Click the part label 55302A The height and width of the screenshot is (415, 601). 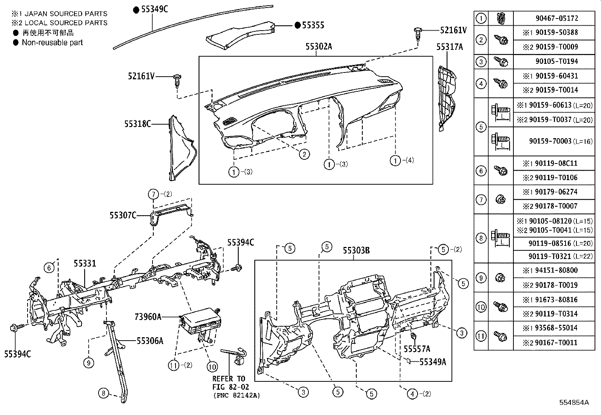pyautogui.click(x=319, y=47)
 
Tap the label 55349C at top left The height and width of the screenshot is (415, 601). pyautogui.click(x=154, y=9)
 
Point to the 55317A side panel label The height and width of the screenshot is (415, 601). pyautogui.click(x=449, y=47)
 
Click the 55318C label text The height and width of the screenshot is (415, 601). pyautogui.click(x=137, y=123)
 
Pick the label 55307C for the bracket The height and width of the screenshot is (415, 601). pyautogui.click(x=123, y=215)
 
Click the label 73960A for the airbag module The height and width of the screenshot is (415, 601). pyautogui.click(x=148, y=316)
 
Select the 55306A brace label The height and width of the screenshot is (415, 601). pyautogui.click(x=150, y=341)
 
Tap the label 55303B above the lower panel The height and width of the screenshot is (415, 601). pyautogui.click(x=356, y=250)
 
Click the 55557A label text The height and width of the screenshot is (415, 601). pyautogui.click(x=417, y=349)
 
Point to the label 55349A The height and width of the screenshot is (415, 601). pyautogui.click(x=433, y=362)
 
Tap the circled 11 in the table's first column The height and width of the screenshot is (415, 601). pyautogui.click(x=481, y=335)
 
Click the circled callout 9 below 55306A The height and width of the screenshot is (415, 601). pyautogui.click(x=88, y=363)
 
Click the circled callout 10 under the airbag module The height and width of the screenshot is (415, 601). pyautogui.click(x=212, y=366)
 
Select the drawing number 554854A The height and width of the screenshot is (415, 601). pyautogui.click(x=574, y=402)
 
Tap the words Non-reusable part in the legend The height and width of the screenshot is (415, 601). pyautogui.click(x=52, y=42)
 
